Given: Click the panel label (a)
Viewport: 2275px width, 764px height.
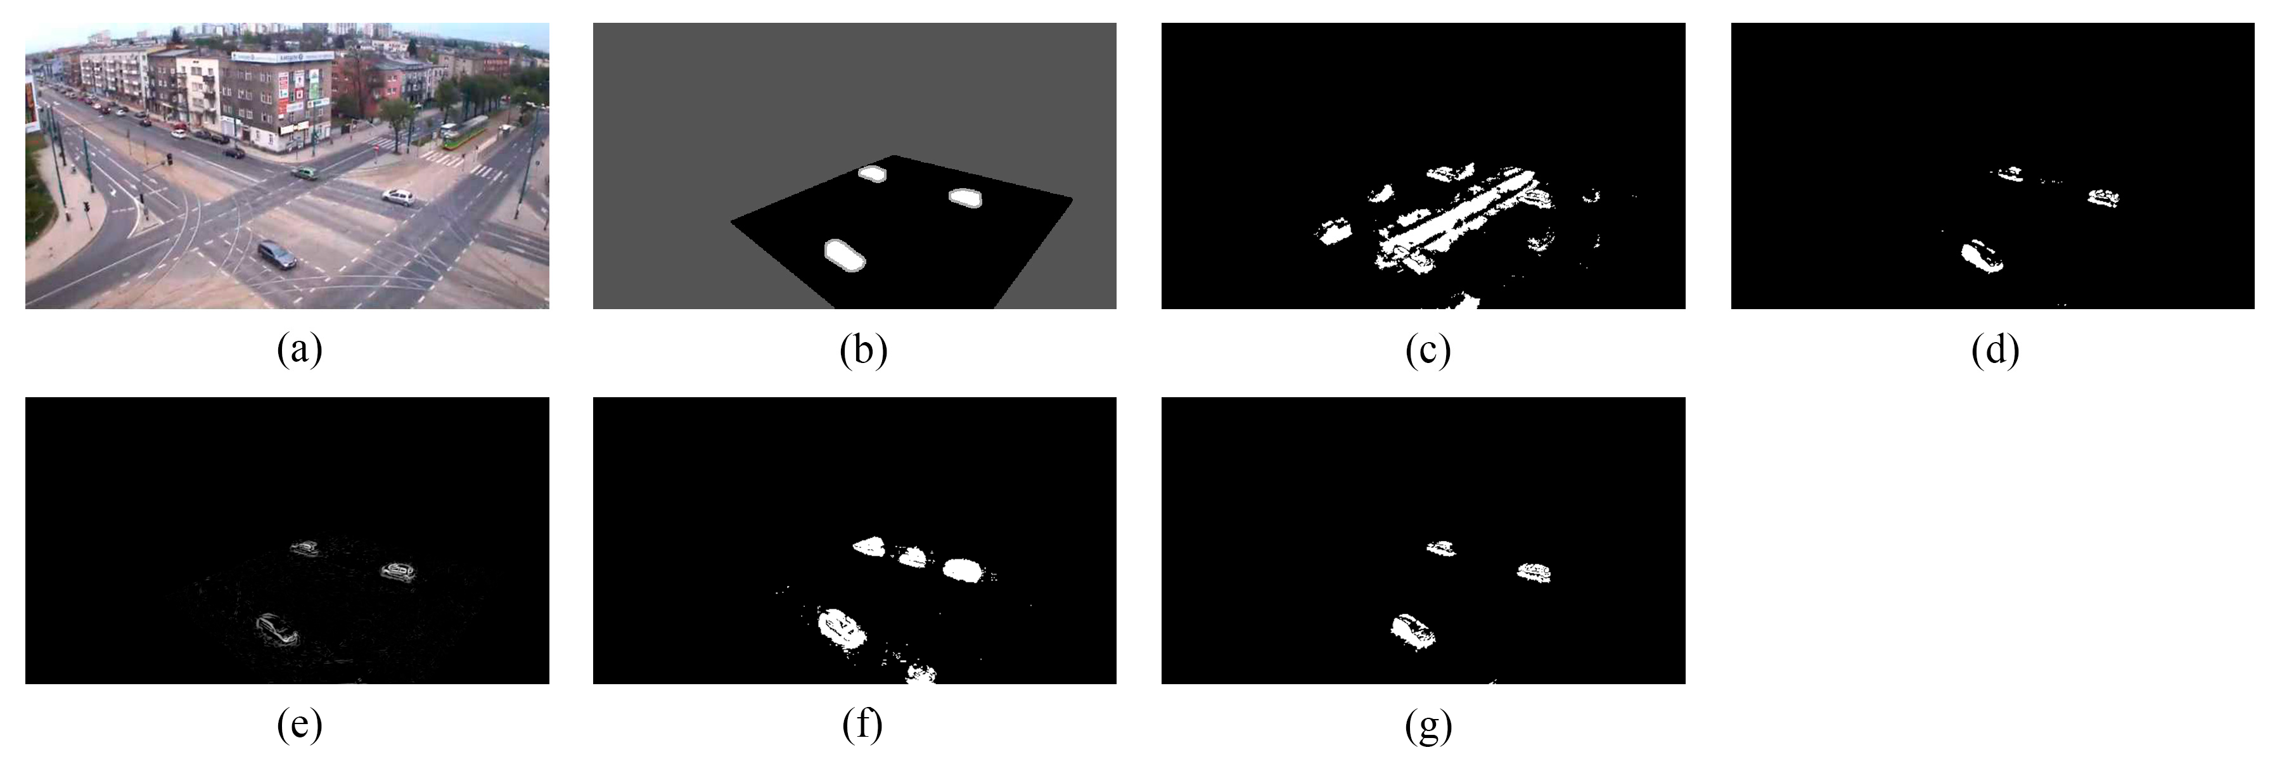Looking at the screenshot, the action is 299,352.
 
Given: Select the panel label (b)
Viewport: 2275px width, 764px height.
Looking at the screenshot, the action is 864,352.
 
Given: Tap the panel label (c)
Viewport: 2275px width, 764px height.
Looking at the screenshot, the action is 1428,352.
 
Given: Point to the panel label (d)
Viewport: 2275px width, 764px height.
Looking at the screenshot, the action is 1995,352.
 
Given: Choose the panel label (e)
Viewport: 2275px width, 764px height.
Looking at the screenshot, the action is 299,726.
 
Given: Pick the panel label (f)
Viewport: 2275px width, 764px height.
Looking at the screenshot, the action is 863,726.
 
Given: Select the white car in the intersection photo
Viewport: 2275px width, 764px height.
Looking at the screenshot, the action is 399,196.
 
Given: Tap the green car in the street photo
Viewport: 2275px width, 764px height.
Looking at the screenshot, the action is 305,173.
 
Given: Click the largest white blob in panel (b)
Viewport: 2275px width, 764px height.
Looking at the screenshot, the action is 844,255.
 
